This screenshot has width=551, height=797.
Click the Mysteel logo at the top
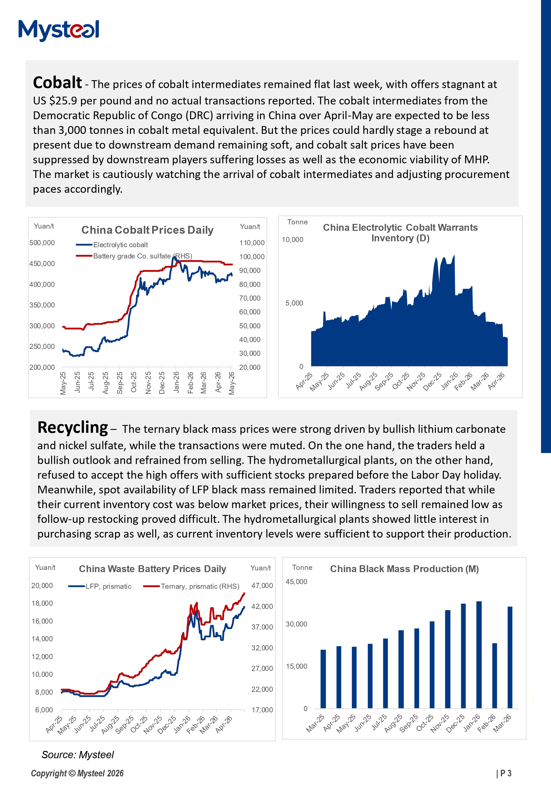59,30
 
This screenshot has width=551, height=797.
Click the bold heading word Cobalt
57,83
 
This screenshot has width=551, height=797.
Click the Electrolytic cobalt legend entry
112,245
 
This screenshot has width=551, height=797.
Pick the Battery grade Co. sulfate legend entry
134,256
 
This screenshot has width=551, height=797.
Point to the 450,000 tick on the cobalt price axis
42,263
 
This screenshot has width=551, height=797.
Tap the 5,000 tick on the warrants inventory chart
294,303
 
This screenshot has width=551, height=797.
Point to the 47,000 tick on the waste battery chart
262,585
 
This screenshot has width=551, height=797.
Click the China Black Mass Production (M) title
404,569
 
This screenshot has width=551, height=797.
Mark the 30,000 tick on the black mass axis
296,624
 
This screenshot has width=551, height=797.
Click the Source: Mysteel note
78,755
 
